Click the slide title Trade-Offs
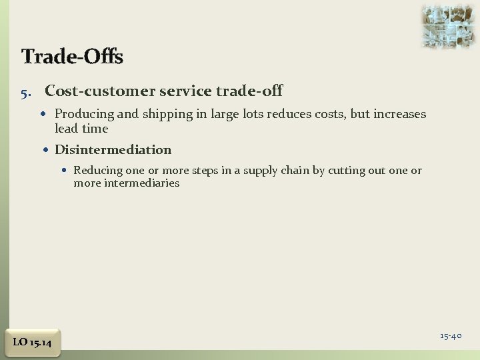click(x=72, y=57)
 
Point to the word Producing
click(x=83, y=114)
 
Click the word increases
click(x=400, y=114)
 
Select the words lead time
click(x=81, y=129)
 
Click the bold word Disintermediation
click(x=113, y=150)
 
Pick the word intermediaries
click(x=141, y=183)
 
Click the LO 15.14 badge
click(x=33, y=343)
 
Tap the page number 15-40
click(x=451, y=336)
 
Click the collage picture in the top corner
click(x=448, y=26)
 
